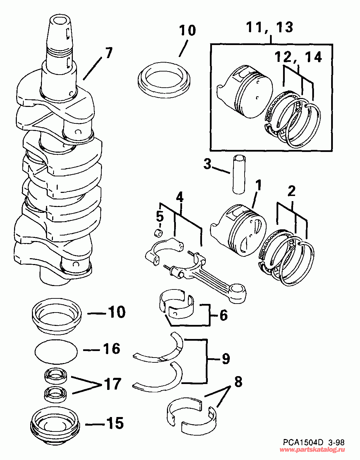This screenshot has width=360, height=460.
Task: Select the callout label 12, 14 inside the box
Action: click(298, 57)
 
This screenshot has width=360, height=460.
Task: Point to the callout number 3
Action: click(207, 164)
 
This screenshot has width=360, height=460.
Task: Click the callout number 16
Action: click(112, 349)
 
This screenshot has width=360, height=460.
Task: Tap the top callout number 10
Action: click(188, 30)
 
